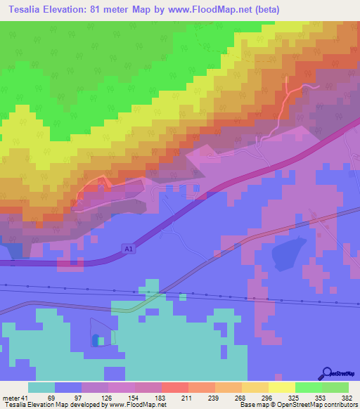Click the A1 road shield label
pyautogui.click(x=127, y=249)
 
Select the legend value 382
pyautogui.click(x=347, y=397)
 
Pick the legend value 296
pyautogui.click(x=268, y=397)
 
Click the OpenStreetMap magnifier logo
pyautogui.click(x=326, y=373)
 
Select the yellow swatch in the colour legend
pyautogui.click(x=281, y=387)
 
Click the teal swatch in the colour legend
pyautogui.click(x=41, y=387)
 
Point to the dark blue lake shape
pyautogui.click(x=288, y=253)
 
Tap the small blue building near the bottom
pyautogui.click(x=96, y=340)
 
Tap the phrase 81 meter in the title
pyautogui.click(x=122, y=11)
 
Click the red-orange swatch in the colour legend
pyautogui.click(x=174, y=387)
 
